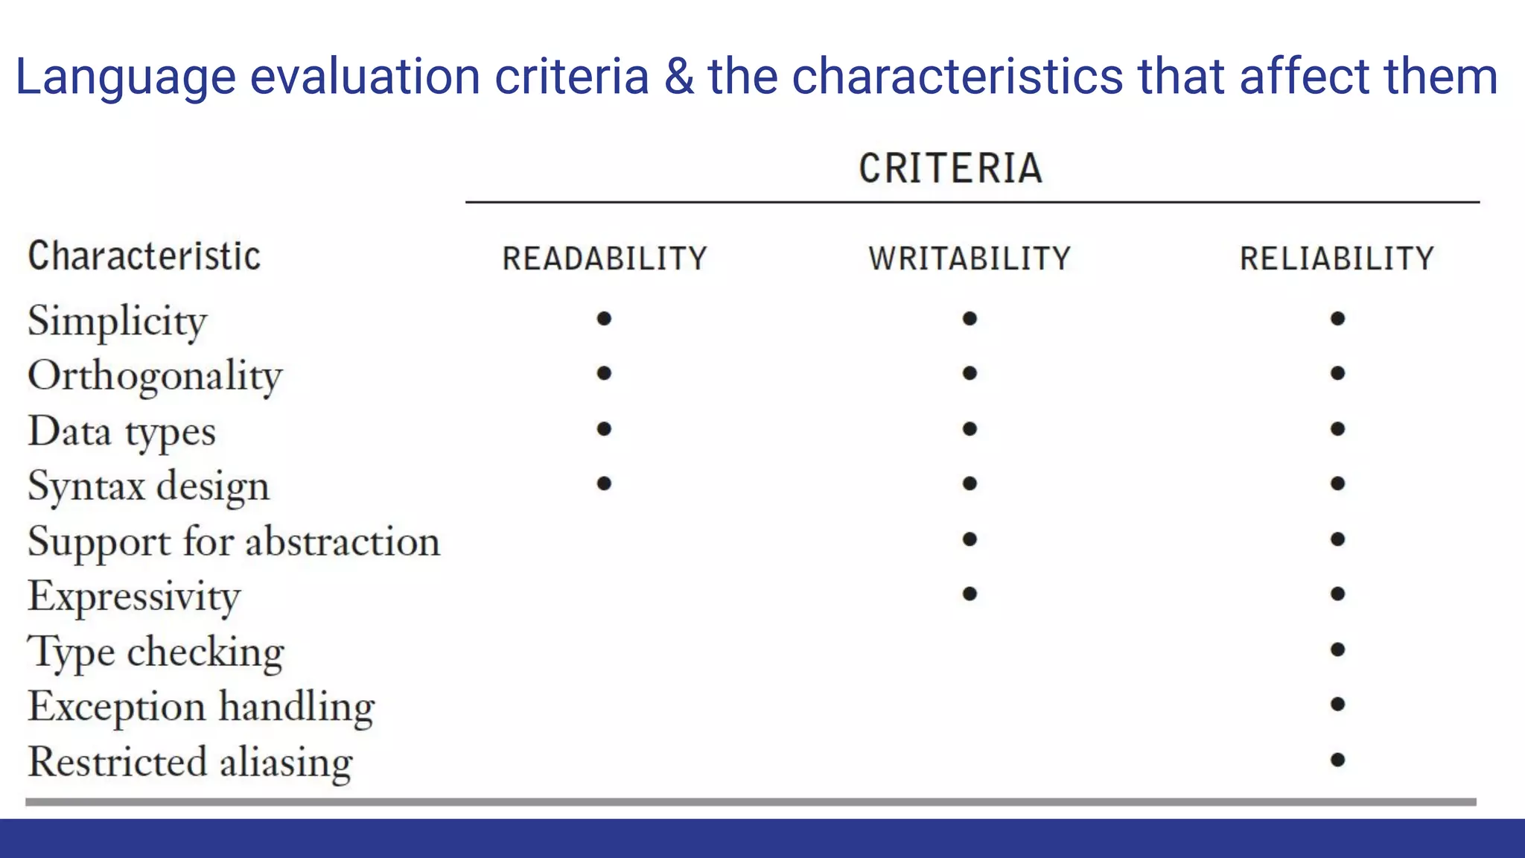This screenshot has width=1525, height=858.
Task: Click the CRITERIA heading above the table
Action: point(950,168)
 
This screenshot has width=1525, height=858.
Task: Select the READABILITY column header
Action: point(604,258)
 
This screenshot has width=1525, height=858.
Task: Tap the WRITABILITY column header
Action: point(969,258)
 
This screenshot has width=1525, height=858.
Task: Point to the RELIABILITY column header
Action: point(1337,258)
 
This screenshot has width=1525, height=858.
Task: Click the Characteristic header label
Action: point(144,256)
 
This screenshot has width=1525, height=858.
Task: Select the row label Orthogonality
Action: point(155,375)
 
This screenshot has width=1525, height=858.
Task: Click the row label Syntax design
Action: point(148,486)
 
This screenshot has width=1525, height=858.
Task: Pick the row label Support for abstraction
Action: point(234,541)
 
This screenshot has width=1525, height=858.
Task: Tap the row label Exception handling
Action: point(201,706)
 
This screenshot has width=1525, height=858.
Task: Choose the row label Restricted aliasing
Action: point(190,762)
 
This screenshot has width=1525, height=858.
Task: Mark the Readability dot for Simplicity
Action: point(604,319)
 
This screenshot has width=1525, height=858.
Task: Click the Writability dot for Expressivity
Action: point(969,594)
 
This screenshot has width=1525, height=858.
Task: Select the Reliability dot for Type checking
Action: point(1337,649)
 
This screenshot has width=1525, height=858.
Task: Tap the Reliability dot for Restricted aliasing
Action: point(1337,760)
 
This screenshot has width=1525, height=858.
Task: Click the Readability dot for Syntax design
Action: point(604,484)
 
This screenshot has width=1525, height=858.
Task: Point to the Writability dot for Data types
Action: point(969,429)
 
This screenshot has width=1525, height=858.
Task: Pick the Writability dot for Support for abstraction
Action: point(969,539)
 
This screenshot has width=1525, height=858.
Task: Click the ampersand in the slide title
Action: point(678,77)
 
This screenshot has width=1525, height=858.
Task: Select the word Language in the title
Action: point(125,77)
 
